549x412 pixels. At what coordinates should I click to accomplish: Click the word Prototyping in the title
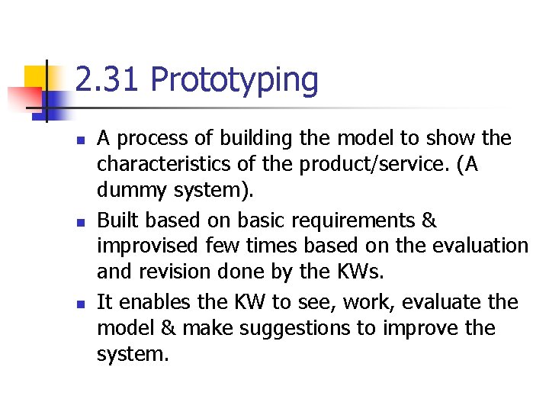pyautogui.click(x=235, y=81)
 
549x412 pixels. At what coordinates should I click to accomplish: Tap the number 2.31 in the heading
pyautogui.click(x=108, y=81)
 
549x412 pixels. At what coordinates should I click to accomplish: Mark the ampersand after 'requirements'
pyautogui.click(x=429, y=220)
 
